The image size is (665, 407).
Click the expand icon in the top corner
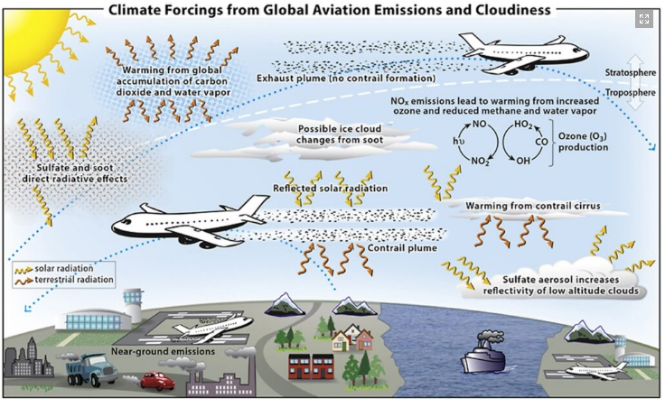point(643,19)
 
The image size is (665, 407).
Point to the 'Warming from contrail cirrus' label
point(520,206)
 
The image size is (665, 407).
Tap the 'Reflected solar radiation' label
point(330,188)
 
